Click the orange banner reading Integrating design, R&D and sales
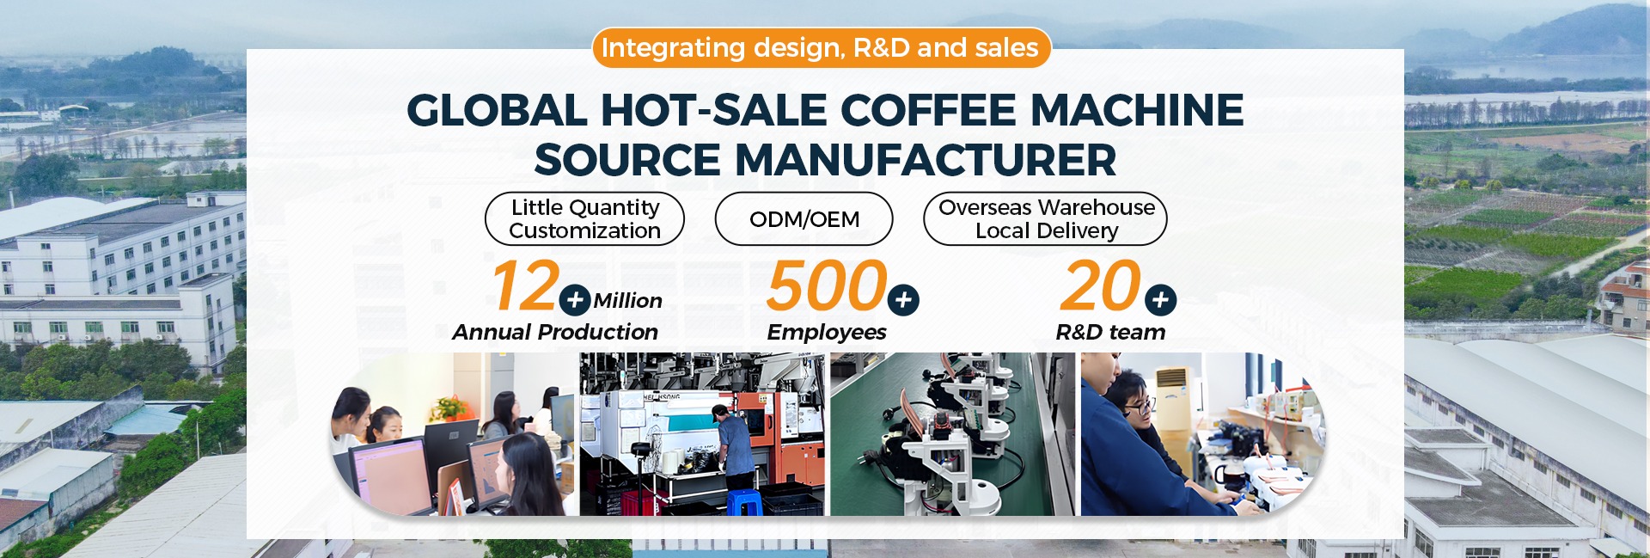tap(821, 47)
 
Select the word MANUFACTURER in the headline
tap(926, 160)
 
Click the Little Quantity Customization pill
tap(584, 219)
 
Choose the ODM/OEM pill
tap(804, 219)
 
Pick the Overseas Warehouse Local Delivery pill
tap(1046, 219)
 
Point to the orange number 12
tap(525, 286)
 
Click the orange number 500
tap(827, 286)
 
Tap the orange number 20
tap(1101, 286)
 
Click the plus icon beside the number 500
tap(903, 300)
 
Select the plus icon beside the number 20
tap(1160, 300)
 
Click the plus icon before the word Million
tap(575, 301)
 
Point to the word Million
tap(627, 301)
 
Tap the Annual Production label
tap(555, 332)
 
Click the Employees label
tap(827, 332)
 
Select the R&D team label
tap(1110, 332)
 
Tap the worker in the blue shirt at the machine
tap(734, 448)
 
